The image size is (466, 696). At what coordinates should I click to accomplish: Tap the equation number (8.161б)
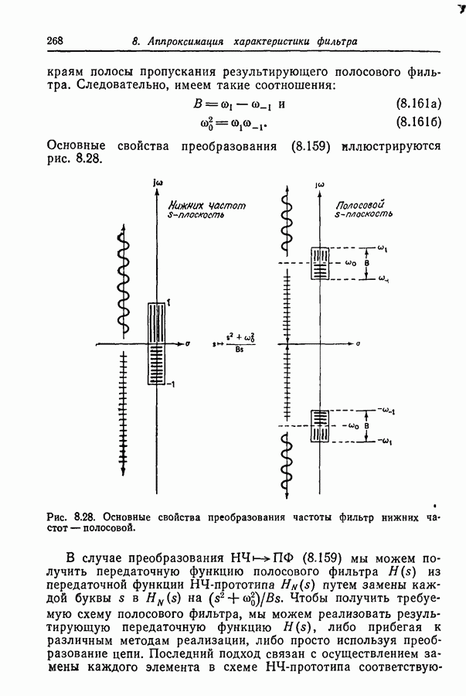417,121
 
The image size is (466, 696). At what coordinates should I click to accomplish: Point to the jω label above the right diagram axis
318,186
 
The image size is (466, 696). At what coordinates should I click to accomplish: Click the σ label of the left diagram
189,340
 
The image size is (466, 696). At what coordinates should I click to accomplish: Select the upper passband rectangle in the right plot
319,263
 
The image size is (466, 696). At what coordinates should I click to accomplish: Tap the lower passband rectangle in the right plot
319,425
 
